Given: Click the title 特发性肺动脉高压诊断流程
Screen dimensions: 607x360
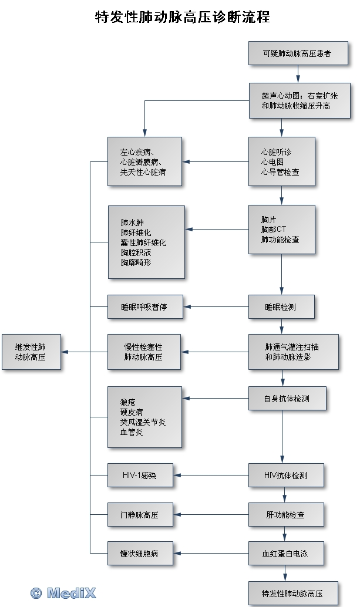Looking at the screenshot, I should pos(182,17).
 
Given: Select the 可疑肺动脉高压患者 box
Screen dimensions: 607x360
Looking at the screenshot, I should pos(298,53).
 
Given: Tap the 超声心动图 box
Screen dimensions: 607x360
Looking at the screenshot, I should pos(298,101).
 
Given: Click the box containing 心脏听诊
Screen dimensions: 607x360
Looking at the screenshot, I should pos(282,161).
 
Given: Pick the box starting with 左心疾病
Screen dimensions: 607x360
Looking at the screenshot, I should pos(144,161).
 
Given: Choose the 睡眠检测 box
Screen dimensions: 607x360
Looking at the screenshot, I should pos(282,306).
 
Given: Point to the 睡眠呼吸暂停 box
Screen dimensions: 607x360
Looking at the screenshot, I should pos(144,306).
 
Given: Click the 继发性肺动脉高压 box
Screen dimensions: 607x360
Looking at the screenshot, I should pos(31,352).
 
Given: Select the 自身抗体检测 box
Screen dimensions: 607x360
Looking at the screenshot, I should pos(287,399).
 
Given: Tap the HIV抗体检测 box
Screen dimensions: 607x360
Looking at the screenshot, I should pos(286,475).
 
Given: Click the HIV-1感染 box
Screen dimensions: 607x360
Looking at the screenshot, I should pos(140,475).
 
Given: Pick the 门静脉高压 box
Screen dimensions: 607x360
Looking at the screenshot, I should pos(140,515).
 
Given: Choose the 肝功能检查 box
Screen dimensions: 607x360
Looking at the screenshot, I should pos(286,515).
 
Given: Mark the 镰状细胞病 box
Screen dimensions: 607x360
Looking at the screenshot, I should pos(140,553).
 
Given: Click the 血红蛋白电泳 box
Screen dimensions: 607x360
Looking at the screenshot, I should pos(286,553).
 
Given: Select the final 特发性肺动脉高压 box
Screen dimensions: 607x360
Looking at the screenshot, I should pos(292,593).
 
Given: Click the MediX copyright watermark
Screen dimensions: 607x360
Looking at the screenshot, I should pos(63,593).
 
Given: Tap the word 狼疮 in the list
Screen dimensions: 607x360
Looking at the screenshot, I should pos(127,402).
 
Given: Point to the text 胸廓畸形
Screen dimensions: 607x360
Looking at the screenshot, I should pos(136,263).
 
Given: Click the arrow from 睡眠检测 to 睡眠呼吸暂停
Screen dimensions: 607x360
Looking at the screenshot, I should pos(216,306).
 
